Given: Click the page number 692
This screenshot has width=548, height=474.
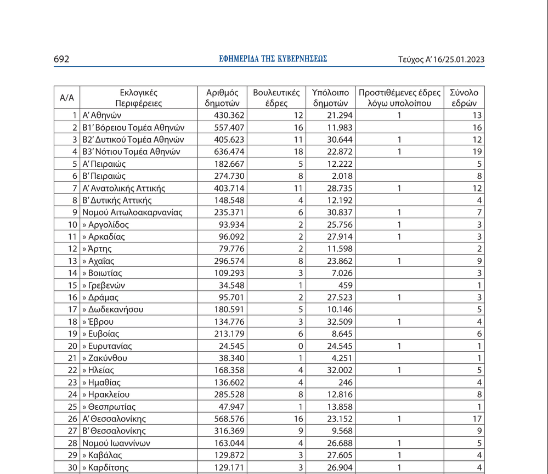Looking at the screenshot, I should click(x=61, y=59).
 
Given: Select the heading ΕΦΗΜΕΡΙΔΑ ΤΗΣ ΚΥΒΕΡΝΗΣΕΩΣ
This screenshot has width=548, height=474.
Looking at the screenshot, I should click(x=273, y=59).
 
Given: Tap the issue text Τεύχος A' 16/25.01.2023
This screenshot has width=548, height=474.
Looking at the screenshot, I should click(x=441, y=60).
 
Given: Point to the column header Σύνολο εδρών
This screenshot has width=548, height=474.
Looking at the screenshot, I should click(x=464, y=98).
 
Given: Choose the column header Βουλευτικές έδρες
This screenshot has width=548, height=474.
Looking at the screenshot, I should click(x=276, y=98).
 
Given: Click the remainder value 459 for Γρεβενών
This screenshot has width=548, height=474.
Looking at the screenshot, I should click(x=346, y=285).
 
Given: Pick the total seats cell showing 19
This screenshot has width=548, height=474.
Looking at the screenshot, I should click(x=476, y=151).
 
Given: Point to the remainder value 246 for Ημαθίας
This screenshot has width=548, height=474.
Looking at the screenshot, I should click(x=346, y=382).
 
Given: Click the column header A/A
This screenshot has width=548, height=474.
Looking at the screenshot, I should click(x=66, y=98).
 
